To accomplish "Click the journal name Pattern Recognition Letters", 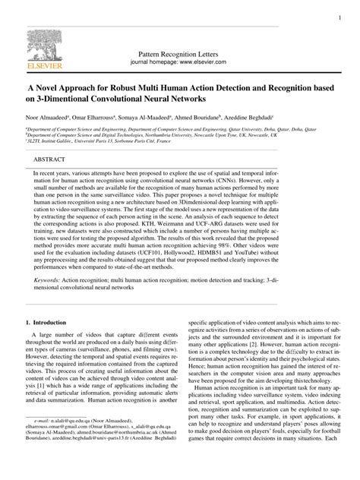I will (x=179, y=56).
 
